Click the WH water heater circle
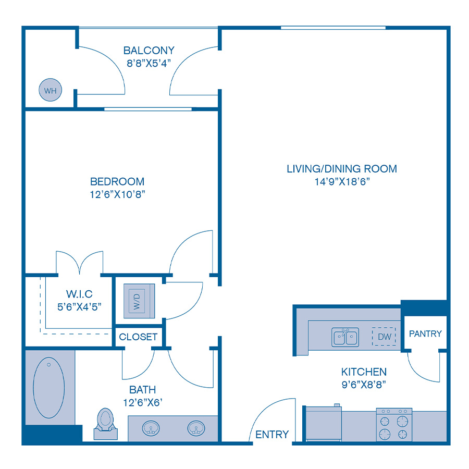coord(50,91)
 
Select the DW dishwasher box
coord(384,337)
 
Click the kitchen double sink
coord(345,337)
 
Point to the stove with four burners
coord(394,424)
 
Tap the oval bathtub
coord(48,387)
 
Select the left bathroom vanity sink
coord(151,428)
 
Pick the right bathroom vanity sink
coord(196,428)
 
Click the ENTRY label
coord(272,435)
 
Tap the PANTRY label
coord(425,334)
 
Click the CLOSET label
coord(138,337)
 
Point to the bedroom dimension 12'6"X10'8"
coord(117,194)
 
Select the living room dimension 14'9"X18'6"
coord(341,181)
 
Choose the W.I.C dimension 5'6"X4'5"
coord(79,306)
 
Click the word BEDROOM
coord(117,181)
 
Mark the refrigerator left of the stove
coord(323,424)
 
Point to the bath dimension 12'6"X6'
coord(143,402)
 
